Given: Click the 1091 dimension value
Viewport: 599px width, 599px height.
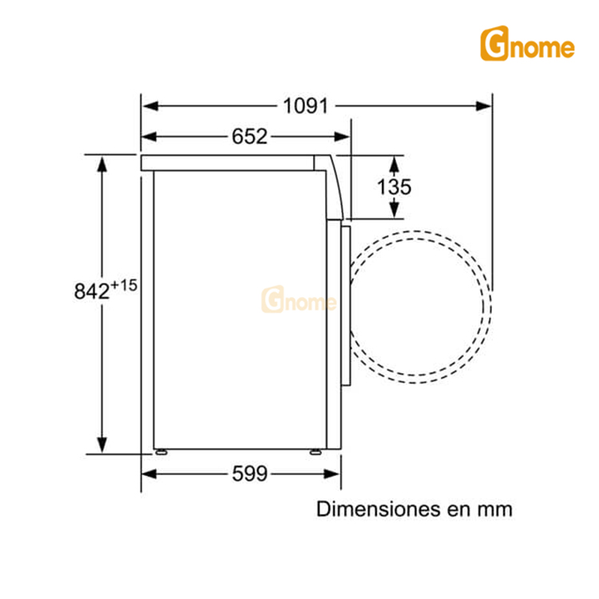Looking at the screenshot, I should point(305,105).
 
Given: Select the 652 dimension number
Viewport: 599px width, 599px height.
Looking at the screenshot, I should point(249,137).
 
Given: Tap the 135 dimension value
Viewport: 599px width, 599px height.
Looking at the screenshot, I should point(395,187).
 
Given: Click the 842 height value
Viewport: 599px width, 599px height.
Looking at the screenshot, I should point(91,292).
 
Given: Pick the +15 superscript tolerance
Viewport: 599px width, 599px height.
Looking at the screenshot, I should point(124,284).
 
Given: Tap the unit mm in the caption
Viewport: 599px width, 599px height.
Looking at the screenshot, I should point(495,509).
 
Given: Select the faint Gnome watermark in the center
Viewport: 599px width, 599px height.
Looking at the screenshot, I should point(299,302).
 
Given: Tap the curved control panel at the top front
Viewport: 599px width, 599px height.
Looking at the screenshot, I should point(335,184).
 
